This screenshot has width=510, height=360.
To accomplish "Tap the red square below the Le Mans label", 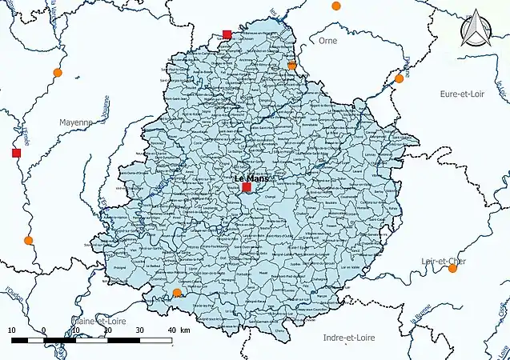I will (247, 187).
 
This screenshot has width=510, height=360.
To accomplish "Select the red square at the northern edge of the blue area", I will (227, 34).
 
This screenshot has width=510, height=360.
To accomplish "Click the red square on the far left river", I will (16, 153).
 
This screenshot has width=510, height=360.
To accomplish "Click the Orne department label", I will (327, 40).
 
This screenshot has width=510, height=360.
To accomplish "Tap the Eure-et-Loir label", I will (464, 94).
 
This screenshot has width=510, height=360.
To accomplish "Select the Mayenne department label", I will (77, 122).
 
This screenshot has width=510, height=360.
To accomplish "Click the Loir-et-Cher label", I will (444, 261).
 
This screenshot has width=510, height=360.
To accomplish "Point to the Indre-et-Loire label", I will (348, 338).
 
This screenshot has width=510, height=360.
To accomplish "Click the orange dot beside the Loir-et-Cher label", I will (452, 268).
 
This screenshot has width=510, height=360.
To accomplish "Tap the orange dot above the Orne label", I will (335, 6).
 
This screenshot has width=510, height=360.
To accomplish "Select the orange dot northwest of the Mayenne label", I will (57, 73).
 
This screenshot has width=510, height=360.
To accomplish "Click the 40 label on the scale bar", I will (172, 330).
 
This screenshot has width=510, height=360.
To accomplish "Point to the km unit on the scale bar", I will (186, 330).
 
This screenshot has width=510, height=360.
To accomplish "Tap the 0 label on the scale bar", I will (43, 330).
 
